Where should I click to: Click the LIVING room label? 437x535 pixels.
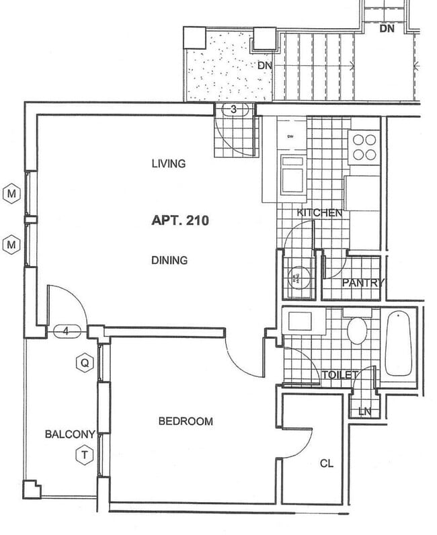[x=168, y=163]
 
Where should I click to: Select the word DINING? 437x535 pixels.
[x=169, y=261]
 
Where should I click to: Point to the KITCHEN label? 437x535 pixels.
[x=320, y=213]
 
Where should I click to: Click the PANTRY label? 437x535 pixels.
[x=362, y=283]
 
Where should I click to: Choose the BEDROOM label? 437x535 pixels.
[x=186, y=421]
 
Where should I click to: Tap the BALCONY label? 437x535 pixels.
[x=69, y=434]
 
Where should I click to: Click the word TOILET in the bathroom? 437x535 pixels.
[x=337, y=375]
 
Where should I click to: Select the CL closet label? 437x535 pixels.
[x=327, y=464]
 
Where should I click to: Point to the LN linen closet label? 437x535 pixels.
[x=366, y=411]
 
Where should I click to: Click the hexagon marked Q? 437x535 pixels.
[x=84, y=363]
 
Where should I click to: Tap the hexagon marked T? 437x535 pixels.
[x=84, y=455]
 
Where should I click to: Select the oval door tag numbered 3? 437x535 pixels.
[x=234, y=110]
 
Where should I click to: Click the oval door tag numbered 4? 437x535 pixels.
[x=67, y=331]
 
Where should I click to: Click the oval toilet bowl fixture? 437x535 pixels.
[x=356, y=331]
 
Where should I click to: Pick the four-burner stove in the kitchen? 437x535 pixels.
[x=364, y=147]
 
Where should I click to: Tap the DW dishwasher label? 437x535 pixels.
[x=291, y=137]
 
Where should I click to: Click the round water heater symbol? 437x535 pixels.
[x=296, y=276]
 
